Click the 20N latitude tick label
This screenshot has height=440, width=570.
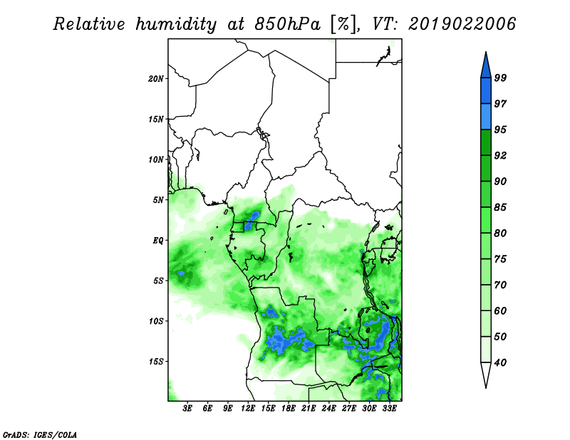pyautogui.click(x=155, y=79)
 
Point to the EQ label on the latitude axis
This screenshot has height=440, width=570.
pyautogui.click(x=157, y=241)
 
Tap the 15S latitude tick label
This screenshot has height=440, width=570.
pyautogui.click(x=155, y=362)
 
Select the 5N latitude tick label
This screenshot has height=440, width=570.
pyautogui.click(x=158, y=200)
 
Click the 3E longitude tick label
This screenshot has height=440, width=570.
pyautogui.click(x=187, y=408)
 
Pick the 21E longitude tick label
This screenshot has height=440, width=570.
pyautogui.click(x=309, y=408)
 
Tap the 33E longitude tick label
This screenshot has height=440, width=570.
pyautogui.click(x=389, y=408)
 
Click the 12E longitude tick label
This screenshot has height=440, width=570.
pyautogui.click(x=248, y=408)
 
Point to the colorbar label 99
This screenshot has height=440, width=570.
pyautogui.click(x=500, y=78)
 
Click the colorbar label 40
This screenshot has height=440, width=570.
pyautogui.click(x=500, y=362)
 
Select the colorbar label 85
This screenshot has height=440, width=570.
pyautogui.click(x=500, y=207)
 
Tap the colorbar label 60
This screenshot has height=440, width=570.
pyautogui.click(x=500, y=311)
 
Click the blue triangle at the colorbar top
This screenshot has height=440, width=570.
pyautogui.click(x=486, y=67)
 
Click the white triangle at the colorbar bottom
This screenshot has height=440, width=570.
pyautogui.click(x=486, y=373)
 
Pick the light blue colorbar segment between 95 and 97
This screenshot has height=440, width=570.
pyautogui.click(x=486, y=117)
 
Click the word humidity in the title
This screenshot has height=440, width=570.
pyautogui.click(x=176, y=24)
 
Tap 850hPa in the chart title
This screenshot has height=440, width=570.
pyautogui.click(x=287, y=24)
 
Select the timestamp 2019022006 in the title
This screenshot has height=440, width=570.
pyautogui.click(x=462, y=24)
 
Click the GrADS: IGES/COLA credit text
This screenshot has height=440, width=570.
pyautogui.click(x=40, y=434)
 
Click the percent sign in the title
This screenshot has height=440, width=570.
pyautogui.click(x=343, y=24)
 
